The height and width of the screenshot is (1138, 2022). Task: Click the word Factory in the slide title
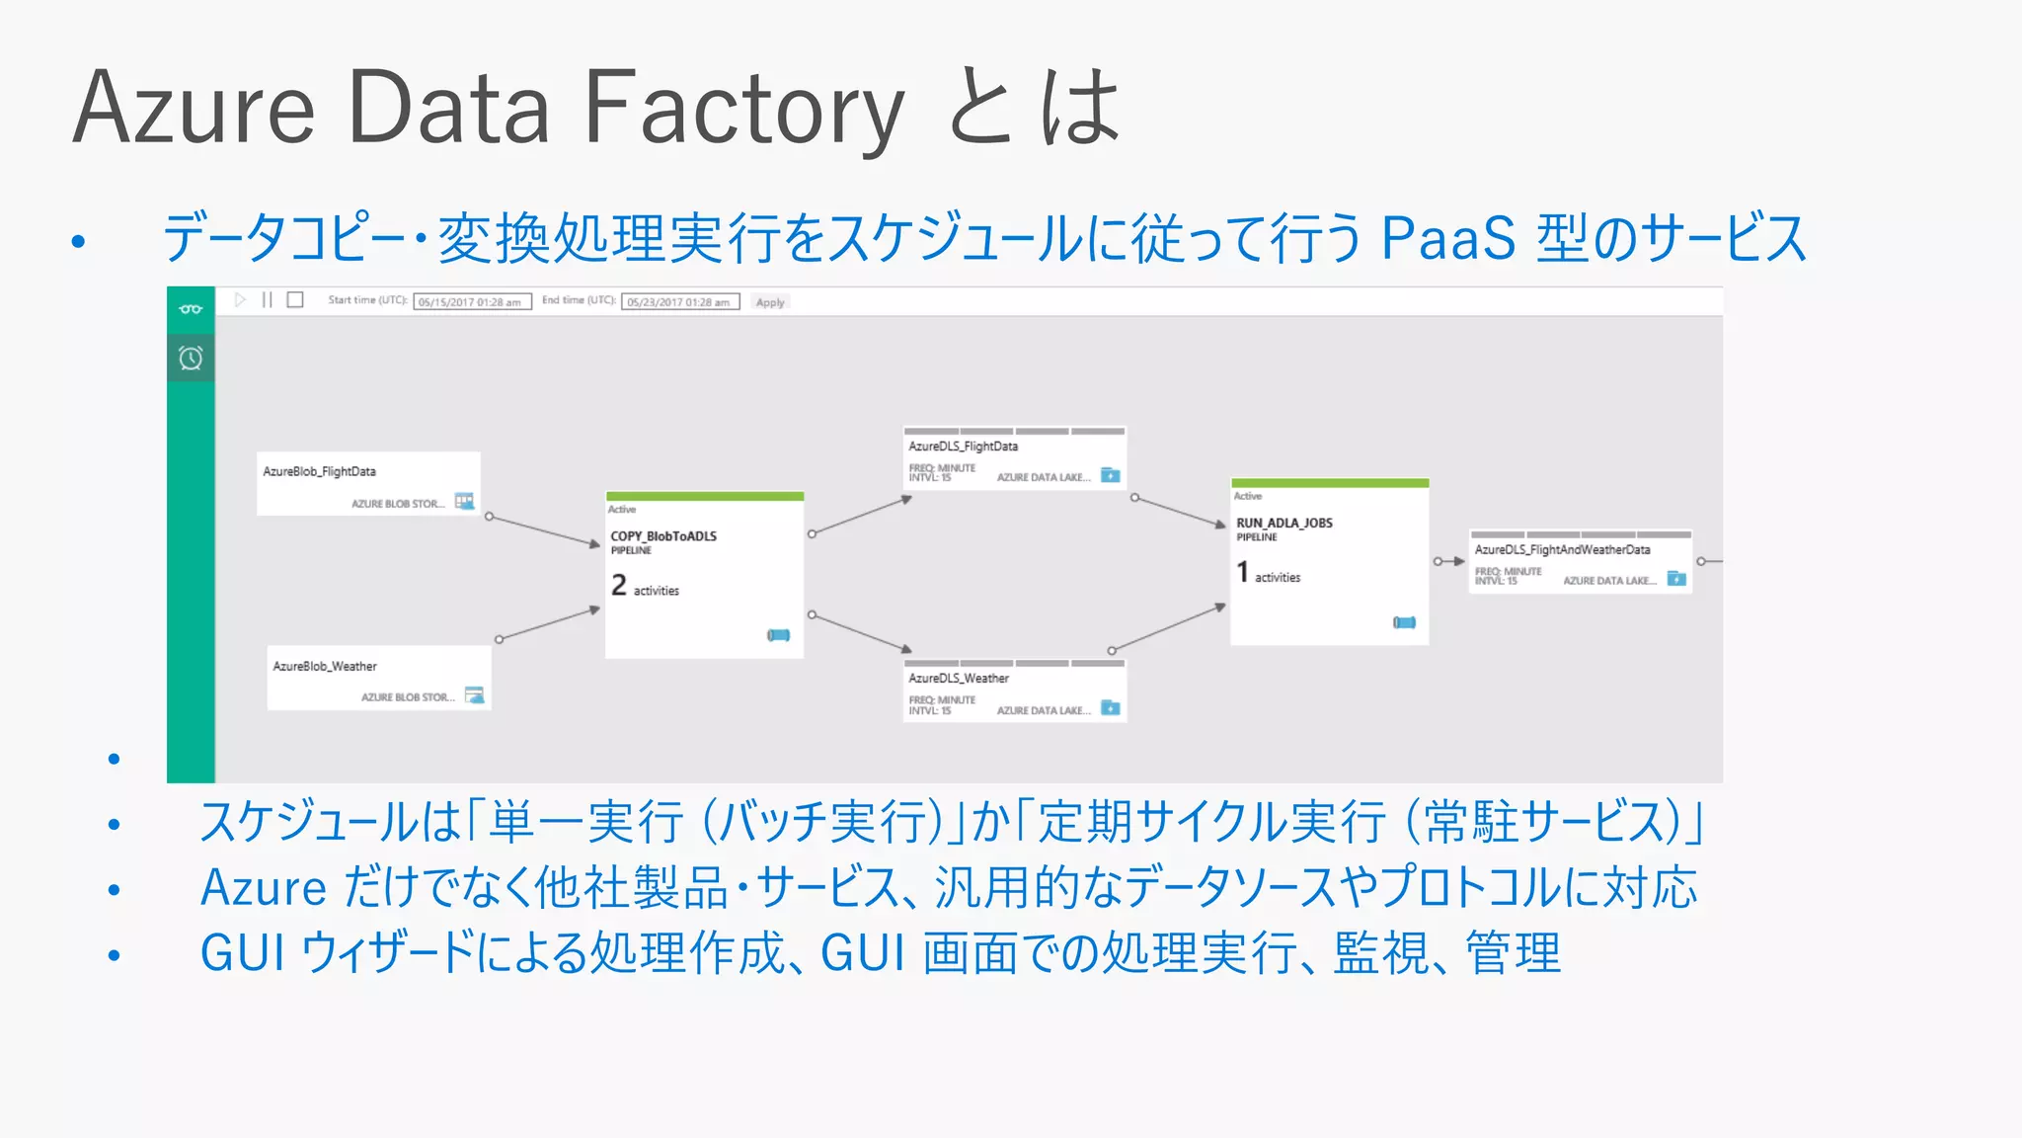click(x=742, y=109)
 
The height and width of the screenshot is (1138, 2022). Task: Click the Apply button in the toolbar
click(x=770, y=302)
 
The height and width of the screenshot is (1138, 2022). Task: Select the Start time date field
click(x=472, y=302)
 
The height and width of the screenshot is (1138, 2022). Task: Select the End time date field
click(x=679, y=302)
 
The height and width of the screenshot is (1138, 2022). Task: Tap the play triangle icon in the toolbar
click(x=240, y=299)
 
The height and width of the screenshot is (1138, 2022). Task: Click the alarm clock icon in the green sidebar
click(x=191, y=358)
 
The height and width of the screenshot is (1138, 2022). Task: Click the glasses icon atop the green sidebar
click(x=191, y=309)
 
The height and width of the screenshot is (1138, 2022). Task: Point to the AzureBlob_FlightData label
click(x=319, y=472)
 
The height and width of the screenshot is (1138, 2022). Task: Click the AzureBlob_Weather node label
click(x=325, y=667)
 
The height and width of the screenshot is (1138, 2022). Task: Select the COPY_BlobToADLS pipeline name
click(x=663, y=536)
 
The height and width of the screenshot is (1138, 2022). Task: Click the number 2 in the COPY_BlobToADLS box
click(x=619, y=585)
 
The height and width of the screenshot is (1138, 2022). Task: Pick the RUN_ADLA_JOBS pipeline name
click(x=1283, y=523)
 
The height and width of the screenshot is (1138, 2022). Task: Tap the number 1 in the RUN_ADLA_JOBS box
click(x=1243, y=572)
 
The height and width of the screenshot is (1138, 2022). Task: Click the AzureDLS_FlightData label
click(x=963, y=447)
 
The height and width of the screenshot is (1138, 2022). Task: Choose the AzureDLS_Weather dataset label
click(x=959, y=679)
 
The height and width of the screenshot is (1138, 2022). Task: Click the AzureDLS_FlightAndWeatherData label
click(x=1562, y=550)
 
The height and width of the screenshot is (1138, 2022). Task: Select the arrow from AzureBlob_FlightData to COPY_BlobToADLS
click(x=545, y=530)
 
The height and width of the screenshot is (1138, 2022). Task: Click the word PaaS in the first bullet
click(x=1447, y=238)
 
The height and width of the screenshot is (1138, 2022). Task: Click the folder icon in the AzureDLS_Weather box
click(x=1111, y=707)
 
